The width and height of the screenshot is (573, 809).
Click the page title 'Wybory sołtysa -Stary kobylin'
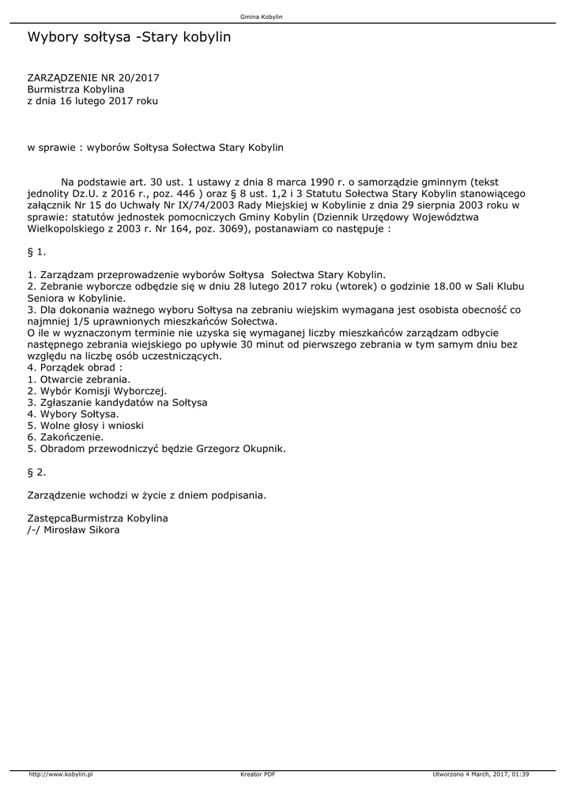[129, 37]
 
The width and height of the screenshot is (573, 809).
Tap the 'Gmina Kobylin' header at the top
[261, 16]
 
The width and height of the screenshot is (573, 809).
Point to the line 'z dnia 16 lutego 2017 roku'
[93, 101]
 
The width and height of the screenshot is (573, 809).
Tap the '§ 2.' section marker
[37, 472]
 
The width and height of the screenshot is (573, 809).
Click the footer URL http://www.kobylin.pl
[62, 774]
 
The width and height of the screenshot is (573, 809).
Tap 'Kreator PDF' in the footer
[258, 774]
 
